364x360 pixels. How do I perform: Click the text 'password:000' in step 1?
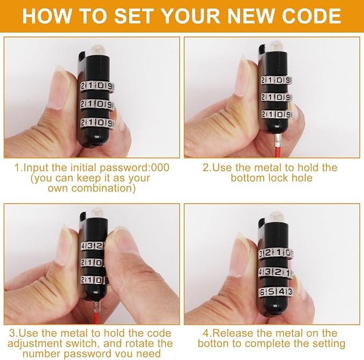135,168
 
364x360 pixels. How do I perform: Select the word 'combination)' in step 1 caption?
103,188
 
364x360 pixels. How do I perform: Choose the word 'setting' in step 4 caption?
328,344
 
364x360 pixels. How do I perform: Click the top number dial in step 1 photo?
98,87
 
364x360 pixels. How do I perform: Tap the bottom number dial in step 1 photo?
98,123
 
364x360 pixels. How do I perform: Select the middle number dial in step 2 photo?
276,97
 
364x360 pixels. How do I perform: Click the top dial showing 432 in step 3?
92,246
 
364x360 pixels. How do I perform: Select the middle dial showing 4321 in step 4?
276,272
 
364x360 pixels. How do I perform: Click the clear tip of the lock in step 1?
97,49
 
